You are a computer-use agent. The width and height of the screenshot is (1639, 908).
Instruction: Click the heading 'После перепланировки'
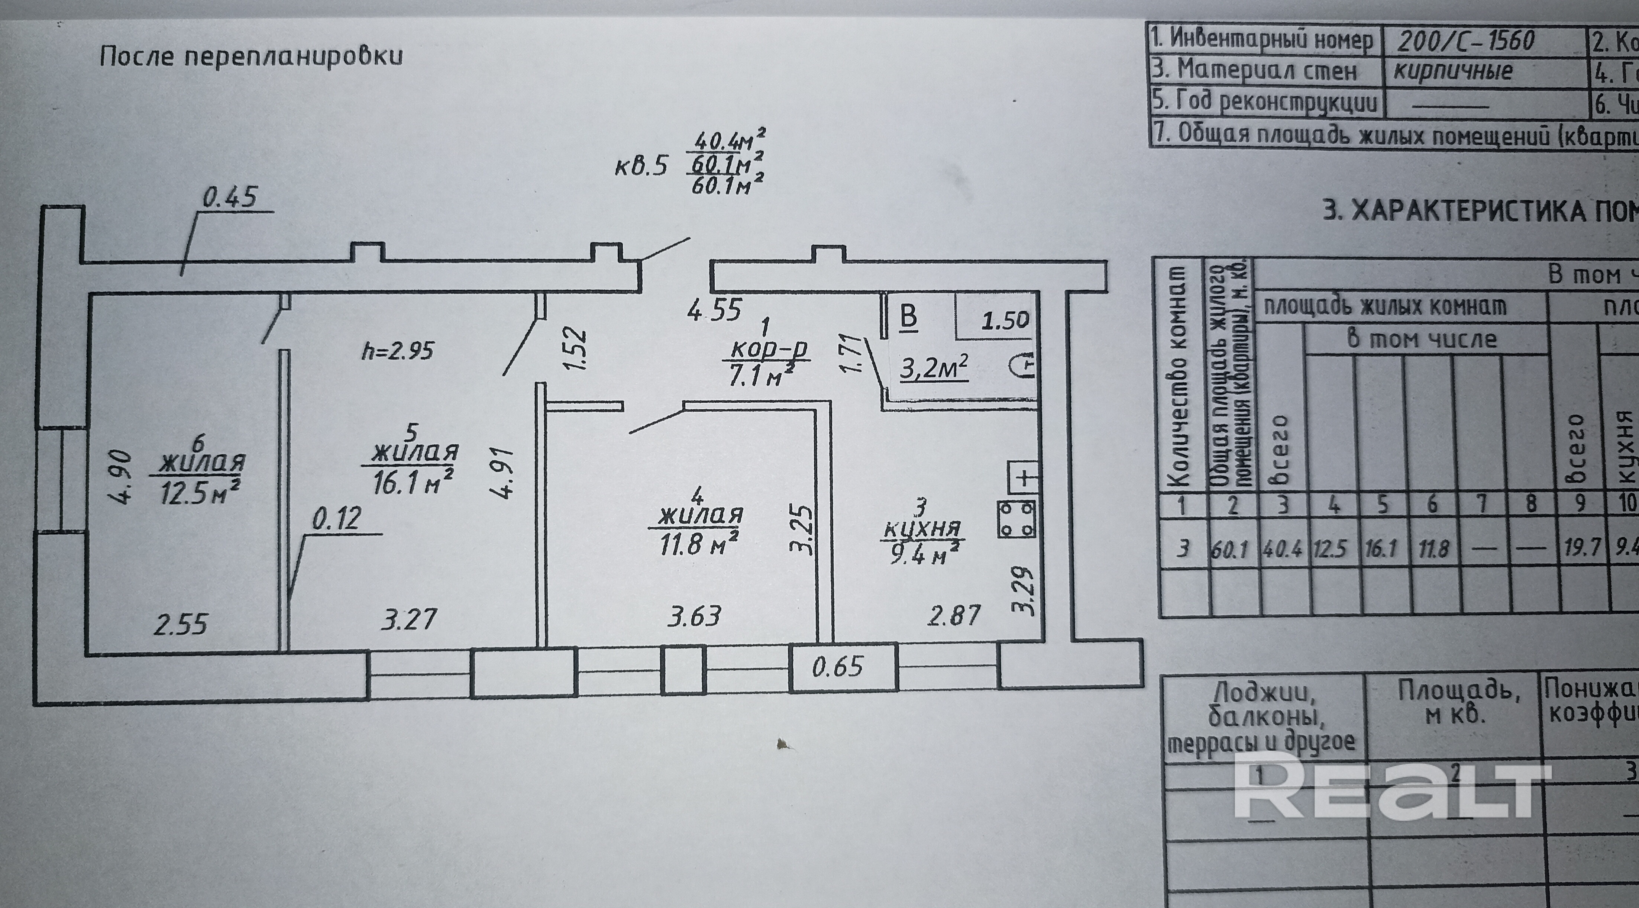(251, 57)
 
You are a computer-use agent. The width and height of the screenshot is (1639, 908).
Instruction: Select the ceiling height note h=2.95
(398, 351)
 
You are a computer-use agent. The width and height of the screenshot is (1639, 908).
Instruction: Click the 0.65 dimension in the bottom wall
(837, 667)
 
